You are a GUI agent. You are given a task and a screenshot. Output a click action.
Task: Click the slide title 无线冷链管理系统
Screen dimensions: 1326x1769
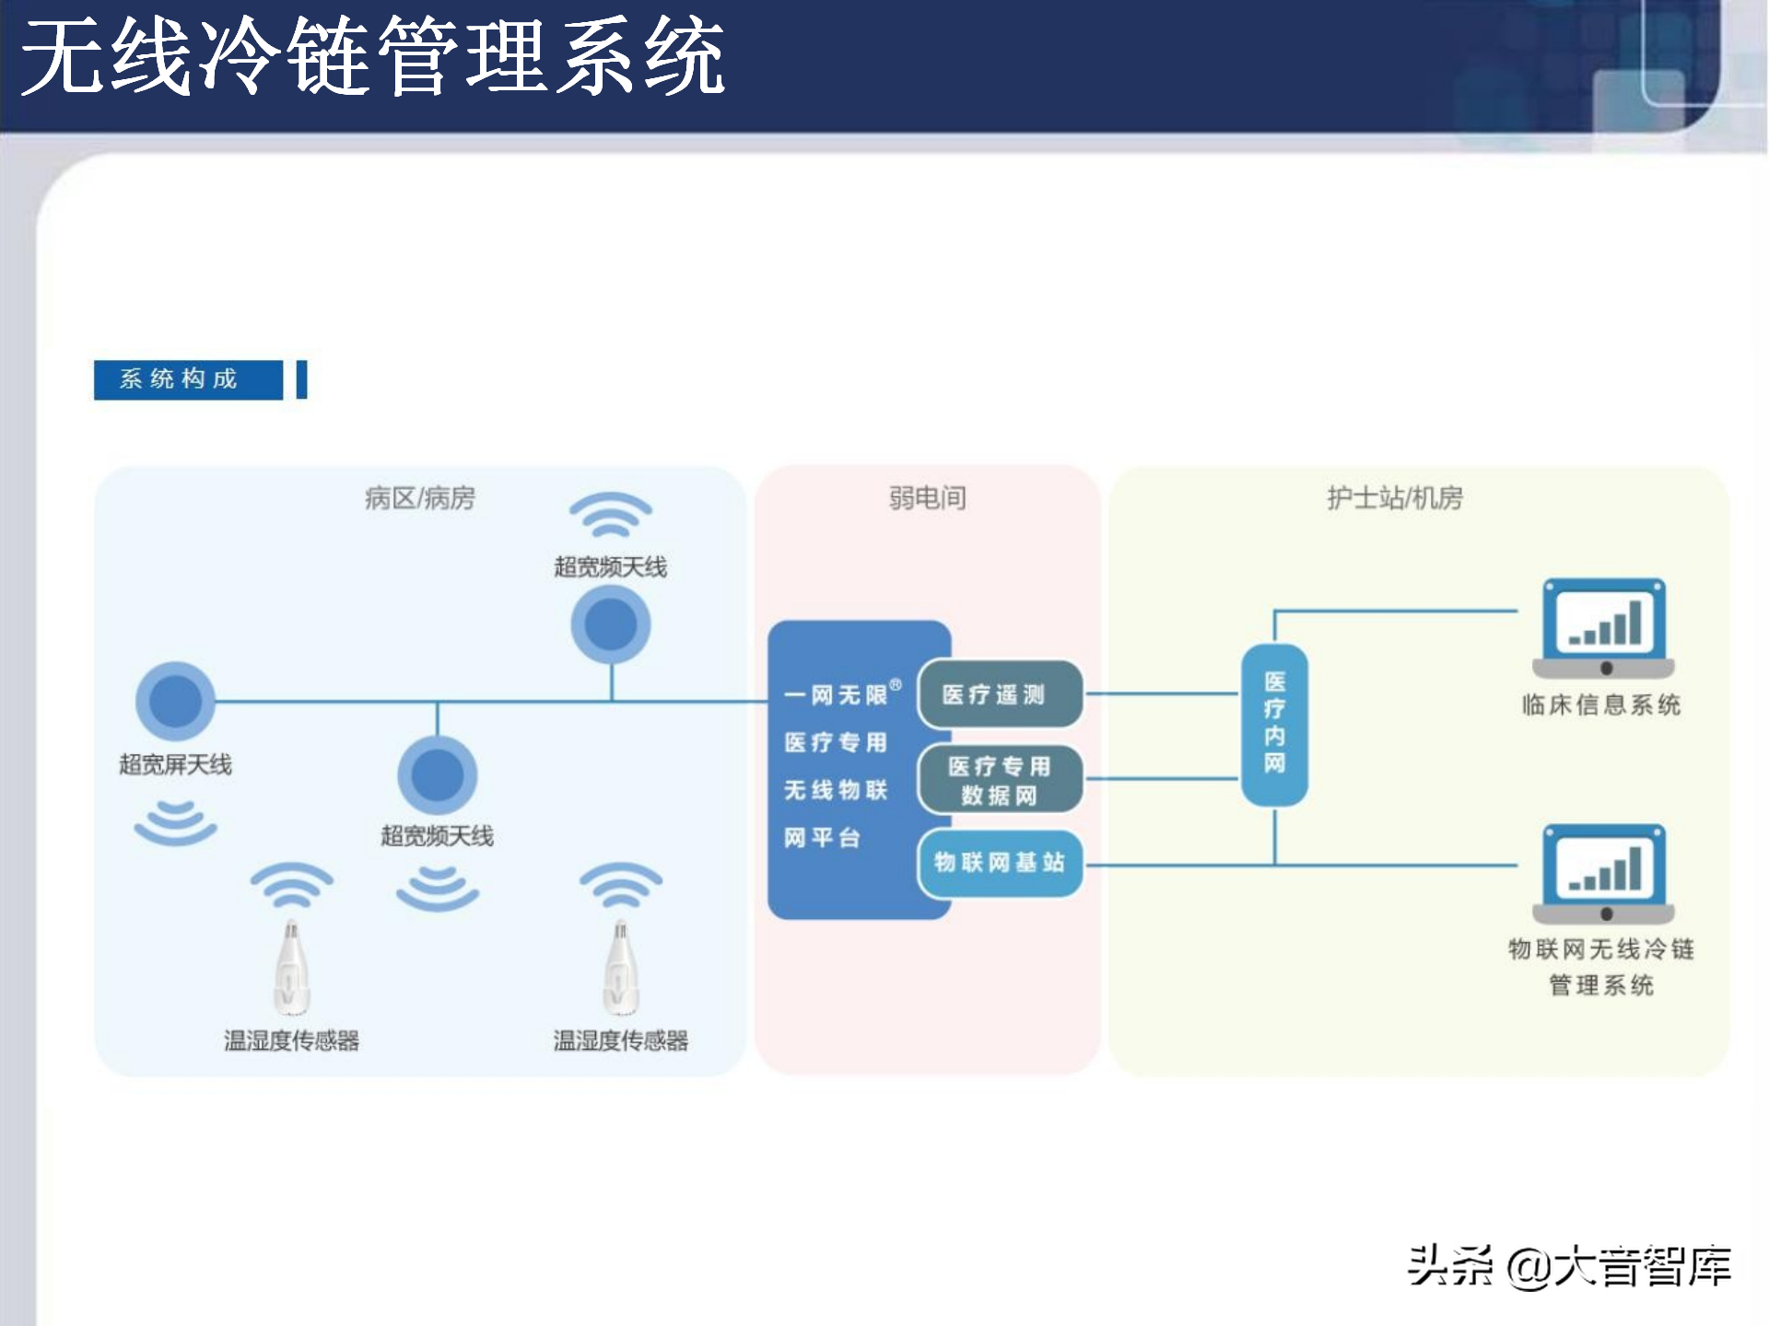pyautogui.click(x=372, y=57)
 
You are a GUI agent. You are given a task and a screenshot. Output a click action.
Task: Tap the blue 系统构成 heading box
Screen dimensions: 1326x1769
pyautogui.click(x=188, y=379)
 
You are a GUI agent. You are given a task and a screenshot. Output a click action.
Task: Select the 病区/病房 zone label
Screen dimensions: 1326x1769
pyautogui.click(x=420, y=498)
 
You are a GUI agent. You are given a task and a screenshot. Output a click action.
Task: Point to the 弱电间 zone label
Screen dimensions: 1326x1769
pyautogui.click(x=927, y=498)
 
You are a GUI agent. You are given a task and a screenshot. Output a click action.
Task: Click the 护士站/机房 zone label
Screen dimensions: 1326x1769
pyautogui.click(x=1394, y=498)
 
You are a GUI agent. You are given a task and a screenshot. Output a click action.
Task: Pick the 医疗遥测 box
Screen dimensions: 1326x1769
pyautogui.click(x=1000, y=694)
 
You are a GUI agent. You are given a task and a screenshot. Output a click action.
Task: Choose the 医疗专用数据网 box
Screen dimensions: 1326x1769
pyautogui.click(x=1000, y=780)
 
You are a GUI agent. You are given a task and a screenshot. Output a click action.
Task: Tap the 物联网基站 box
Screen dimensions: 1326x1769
pyautogui.click(x=1000, y=863)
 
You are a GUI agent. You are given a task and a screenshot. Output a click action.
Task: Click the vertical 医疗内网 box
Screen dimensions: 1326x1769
pyautogui.click(x=1274, y=724)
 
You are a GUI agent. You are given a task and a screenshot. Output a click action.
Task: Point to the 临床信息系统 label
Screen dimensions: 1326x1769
pyautogui.click(x=1601, y=705)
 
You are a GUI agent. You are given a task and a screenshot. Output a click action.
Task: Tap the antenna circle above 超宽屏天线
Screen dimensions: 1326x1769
pyautogui.click(x=175, y=702)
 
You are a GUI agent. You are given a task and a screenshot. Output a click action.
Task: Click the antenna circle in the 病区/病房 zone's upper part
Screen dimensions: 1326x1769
pyautogui.click(x=611, y=624)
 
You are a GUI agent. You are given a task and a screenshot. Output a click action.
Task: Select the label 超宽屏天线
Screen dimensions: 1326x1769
pyautogui.click(x=175, y=764)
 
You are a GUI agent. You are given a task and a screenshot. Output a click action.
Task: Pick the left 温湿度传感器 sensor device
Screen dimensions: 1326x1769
pyautogui.click(x=291, y=967)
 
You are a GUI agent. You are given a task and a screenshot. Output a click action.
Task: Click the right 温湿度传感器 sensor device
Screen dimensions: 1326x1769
pyautogui.click(x=620, y=967)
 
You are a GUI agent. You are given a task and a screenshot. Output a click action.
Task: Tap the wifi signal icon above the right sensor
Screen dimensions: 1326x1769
pyautogui.click(x=620, y=884)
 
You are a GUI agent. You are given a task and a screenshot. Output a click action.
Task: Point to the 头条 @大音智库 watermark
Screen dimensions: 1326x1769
pyautogui.click(x=1569, y=1266)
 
